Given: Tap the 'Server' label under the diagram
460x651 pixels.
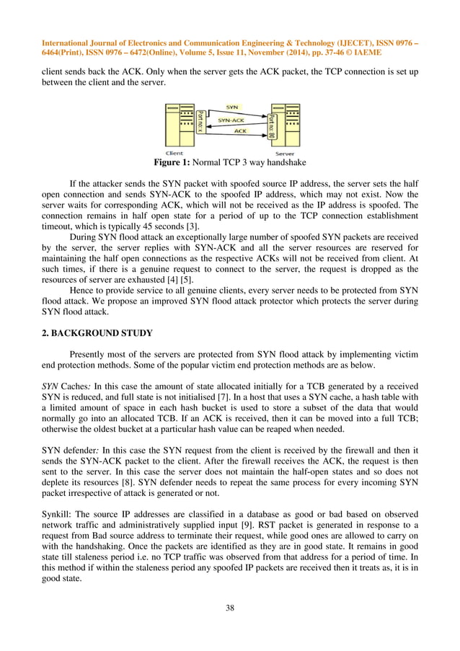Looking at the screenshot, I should (285, 153).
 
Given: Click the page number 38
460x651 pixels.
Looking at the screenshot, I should (230, 608).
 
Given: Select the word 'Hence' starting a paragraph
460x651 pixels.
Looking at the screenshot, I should (83, 288).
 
